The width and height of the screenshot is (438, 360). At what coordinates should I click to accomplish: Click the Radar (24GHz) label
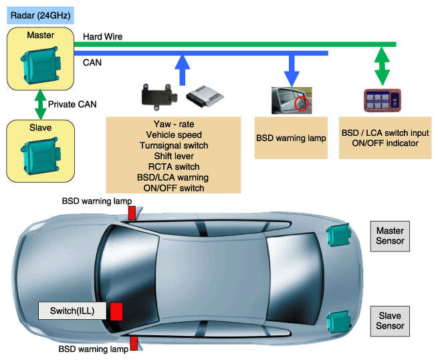(x=40, y=15)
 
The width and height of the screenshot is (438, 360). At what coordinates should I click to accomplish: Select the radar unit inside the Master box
(x=41, y=65)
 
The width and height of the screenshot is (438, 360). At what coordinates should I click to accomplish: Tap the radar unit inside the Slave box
(x=41, y=156)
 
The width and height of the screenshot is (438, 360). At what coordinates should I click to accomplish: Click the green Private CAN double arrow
(x=41, y=104)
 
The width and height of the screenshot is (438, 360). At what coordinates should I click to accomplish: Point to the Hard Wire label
(x=102, y=37)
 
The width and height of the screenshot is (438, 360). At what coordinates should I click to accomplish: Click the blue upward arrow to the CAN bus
(x=182, y=70)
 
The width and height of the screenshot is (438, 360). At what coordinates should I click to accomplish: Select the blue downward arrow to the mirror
(x=292, y=71)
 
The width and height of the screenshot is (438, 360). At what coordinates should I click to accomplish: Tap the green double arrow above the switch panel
(x=382, y=66)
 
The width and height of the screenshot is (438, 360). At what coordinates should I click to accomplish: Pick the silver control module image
(x=205, y=96)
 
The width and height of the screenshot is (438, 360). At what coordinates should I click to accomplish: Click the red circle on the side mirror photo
(x=302, y=104)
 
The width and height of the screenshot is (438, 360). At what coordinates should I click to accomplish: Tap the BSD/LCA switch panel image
(x=382, y=100)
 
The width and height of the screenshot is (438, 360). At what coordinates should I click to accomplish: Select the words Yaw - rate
(x=174, y=124)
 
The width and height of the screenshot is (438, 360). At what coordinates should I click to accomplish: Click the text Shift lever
(x=174, y=156)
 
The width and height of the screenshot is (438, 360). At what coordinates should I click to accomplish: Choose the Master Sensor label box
(x=390, y=236)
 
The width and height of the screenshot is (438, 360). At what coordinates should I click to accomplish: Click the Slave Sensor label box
(x=390, y=321)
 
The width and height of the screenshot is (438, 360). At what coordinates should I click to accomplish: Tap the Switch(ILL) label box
(x=72, y=310)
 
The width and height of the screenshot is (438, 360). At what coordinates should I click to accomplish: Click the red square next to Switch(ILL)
(x=116, y=311)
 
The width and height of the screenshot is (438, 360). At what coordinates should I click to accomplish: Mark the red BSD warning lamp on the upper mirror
(x=132, y=213)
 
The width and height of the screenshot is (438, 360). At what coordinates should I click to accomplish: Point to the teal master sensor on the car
(x=338, y=235)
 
